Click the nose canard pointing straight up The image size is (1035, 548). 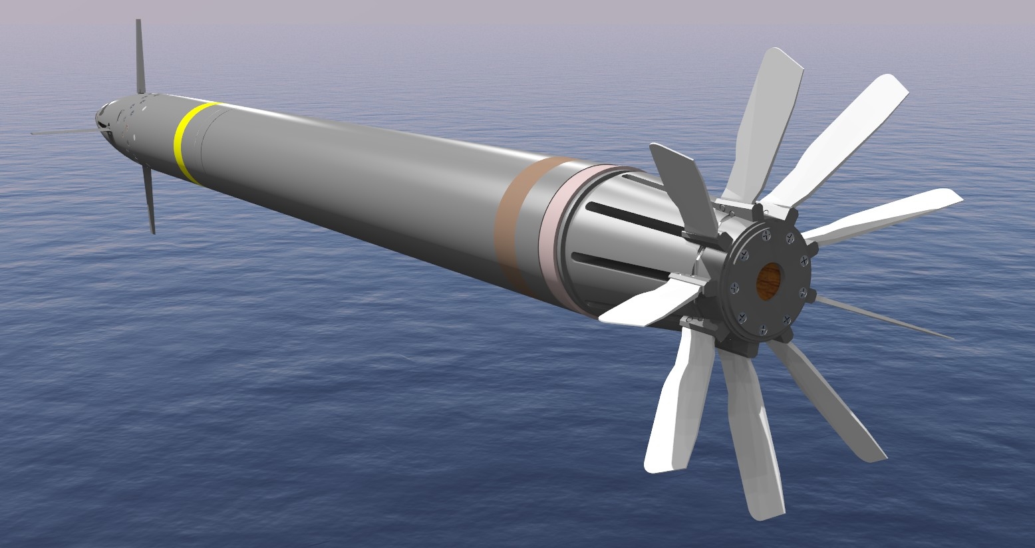[140, 57]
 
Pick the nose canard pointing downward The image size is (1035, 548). [149, 200]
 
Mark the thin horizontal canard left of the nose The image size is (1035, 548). [63, 132]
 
